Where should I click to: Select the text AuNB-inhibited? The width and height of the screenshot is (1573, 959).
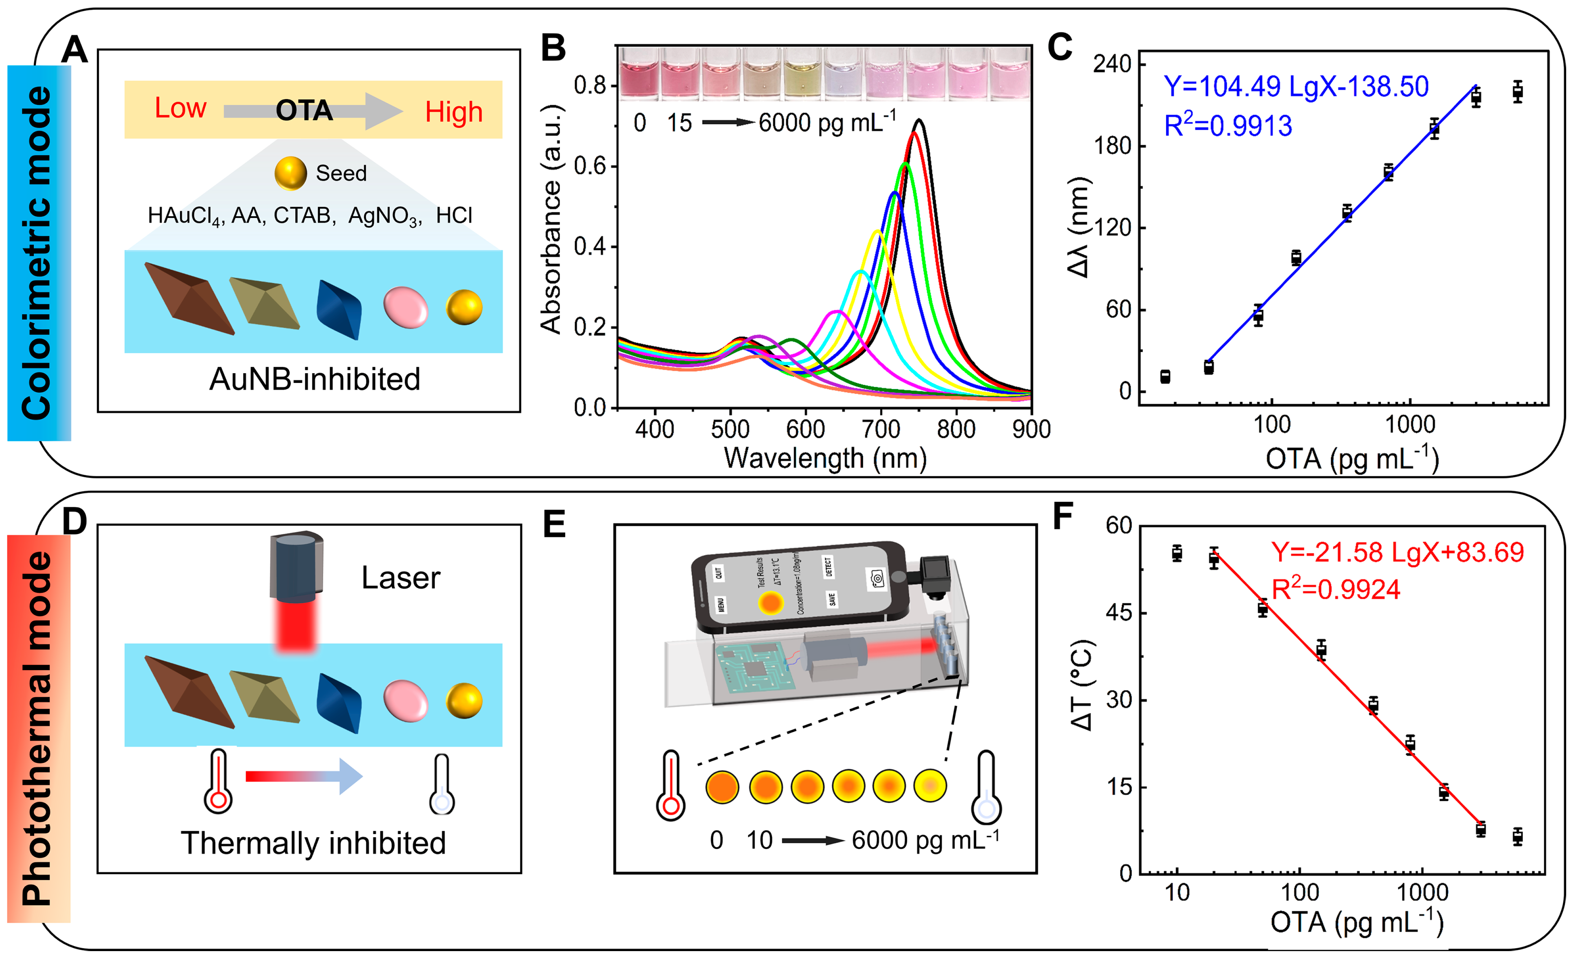314,379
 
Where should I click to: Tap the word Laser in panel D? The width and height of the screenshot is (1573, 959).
400,578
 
